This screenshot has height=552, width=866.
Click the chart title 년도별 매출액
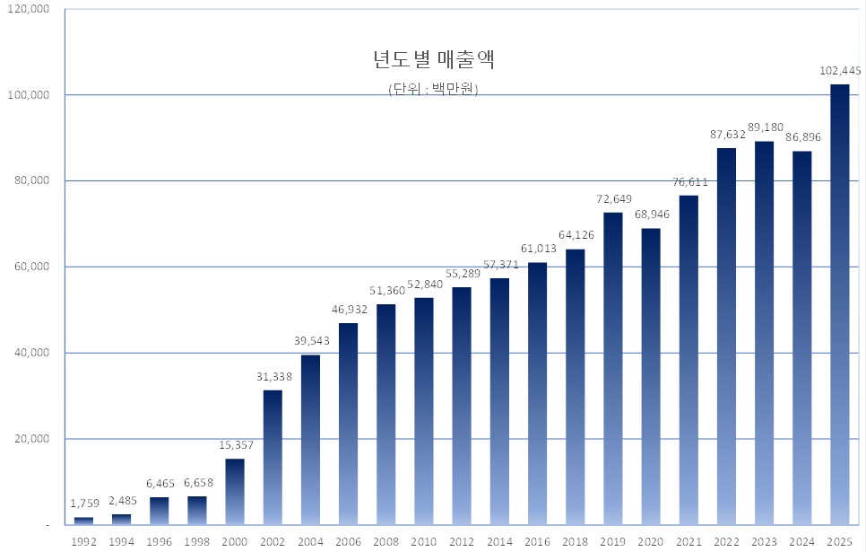pos(434,61)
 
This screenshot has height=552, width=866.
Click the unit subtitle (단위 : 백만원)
pos(433,89)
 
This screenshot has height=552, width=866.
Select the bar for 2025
pos(839,304)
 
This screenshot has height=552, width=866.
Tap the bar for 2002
pos(273,457)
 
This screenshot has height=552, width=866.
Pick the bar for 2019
pos(612,368)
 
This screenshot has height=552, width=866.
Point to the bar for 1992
pos(83,521)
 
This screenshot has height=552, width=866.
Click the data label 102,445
pos(839,70)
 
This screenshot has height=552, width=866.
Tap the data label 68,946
pos(651,215)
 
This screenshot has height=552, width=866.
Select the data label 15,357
pos(235,445)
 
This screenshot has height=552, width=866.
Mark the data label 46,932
pos(348,309)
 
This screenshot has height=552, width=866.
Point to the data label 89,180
pos(765,127)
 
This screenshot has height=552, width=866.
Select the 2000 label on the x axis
pos(235,541)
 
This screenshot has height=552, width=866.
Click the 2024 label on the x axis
pos(801,541)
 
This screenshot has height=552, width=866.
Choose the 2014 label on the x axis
pos(499,541)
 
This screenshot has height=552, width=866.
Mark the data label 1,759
pos(83,504)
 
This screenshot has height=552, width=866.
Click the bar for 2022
pos(726,336)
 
